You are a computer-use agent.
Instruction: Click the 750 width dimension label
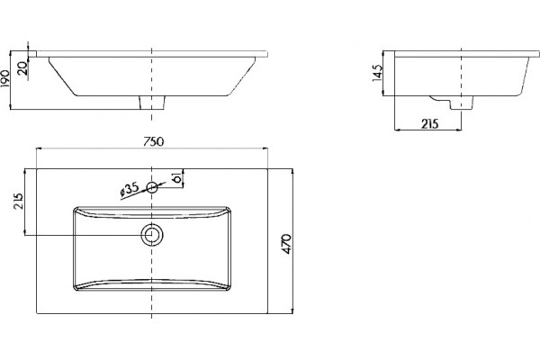tap(154, 141)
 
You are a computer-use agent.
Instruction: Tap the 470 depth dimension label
tap(287, 244)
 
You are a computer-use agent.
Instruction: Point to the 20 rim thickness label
tap(22, 68)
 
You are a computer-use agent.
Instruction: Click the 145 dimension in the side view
tap(377, 73)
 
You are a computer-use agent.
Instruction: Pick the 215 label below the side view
tap(430, 123)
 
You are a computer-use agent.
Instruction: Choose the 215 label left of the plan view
tap(18, 201)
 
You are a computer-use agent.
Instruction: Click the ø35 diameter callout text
tap(129, 190)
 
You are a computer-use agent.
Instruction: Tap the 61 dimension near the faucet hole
tap(177, 178)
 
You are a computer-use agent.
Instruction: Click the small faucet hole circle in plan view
tap(152, 188)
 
